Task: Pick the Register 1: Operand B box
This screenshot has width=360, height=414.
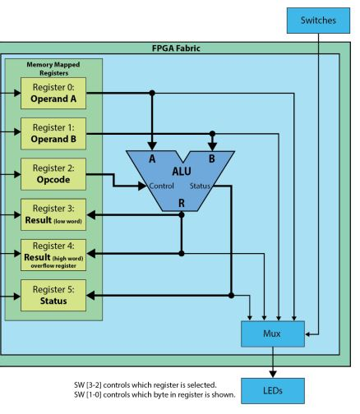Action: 53,132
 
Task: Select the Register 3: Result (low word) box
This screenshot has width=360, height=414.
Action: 53,215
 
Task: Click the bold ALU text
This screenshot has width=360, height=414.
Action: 181,172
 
